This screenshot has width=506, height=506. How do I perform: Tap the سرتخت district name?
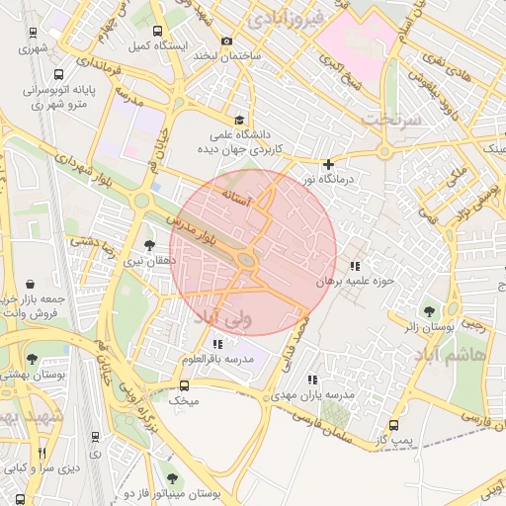(x=390, y=119)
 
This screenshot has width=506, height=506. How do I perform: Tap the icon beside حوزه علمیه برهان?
(x=355, y=266)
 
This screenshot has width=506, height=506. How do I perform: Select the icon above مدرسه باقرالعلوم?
(x=217, y=343)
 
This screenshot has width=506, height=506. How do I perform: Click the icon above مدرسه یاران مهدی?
(x=312, y=379)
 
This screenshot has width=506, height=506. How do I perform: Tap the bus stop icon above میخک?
(x=184, y=386)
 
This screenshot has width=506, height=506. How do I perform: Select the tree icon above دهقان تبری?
(x=149, y=244)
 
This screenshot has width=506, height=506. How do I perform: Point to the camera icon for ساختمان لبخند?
(x=226, y=41)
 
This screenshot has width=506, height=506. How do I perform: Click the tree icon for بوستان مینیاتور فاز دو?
(x=173, y=477)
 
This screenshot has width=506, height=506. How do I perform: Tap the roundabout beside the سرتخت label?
(x=383, y=152)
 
